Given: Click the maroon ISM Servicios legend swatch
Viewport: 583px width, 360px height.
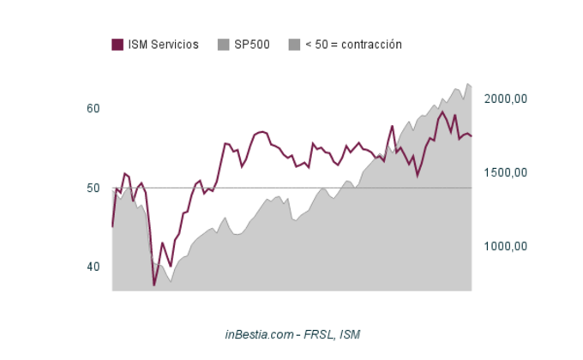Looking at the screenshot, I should pyautogui.click(x=117, y=45).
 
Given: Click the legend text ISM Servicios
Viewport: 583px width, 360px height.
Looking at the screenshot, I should pyautogui.click(x=163, y=45).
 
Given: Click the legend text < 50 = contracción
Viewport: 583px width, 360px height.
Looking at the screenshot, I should pyautogui.click(x=353, y=45).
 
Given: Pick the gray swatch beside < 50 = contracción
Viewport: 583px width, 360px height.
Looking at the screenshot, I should pyautogui.click(x=294, y=45).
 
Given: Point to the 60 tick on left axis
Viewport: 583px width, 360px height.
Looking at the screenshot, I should pyautogui.click(x=93, y=109).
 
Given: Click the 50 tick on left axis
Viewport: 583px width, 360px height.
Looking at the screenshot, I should pyautogui.click(x=93, y=188).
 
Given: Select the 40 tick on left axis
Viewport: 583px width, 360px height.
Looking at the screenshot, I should pyautogui.click(x=93, y=267).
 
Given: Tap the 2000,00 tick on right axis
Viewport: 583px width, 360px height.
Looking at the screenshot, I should pyautogui.click(x=505, y=99).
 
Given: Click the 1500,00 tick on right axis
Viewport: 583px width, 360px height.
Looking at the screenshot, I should pyautogui.click(x=505, y=173).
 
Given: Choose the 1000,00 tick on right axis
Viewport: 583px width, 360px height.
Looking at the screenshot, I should pyautogui.click(x=505, y=247).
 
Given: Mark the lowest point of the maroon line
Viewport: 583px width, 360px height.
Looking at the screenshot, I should pyautogui.click(x=154, y=285).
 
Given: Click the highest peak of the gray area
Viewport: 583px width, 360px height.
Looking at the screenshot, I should pyautogui.click(x=467, y=84).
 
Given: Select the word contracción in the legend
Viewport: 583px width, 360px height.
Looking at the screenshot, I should pyautogui.click(x=371, y=45).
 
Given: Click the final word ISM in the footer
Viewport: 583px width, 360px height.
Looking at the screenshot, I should pyautogui.click(x=350, y=334).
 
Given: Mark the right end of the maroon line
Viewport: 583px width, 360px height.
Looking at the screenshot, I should pyautogui.click(x=472, y=136).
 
